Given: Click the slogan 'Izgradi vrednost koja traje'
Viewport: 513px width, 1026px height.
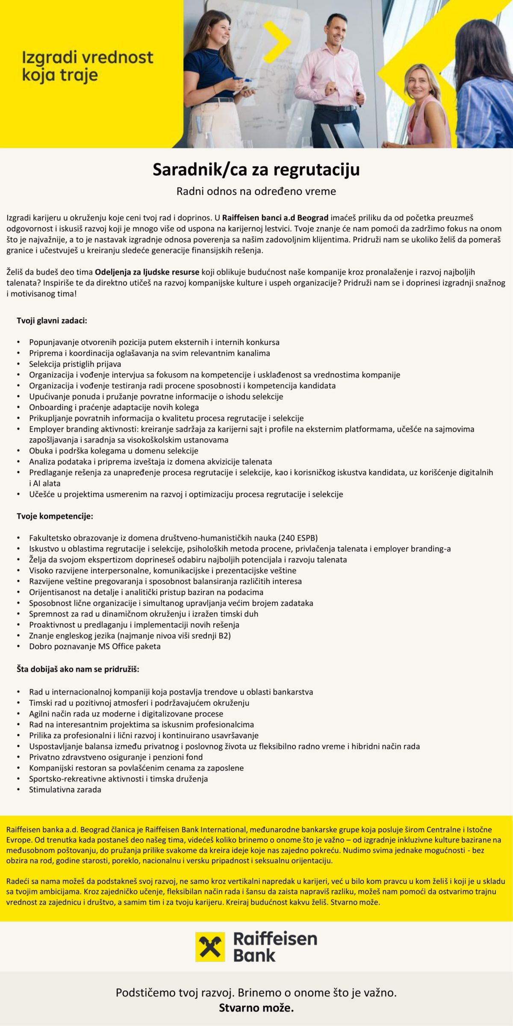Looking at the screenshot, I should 87,66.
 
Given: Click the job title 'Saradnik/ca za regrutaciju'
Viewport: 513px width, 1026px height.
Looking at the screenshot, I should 256,170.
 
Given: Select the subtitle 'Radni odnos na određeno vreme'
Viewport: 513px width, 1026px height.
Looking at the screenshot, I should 256,191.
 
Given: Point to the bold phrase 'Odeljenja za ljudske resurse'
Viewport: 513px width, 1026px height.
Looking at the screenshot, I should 147,272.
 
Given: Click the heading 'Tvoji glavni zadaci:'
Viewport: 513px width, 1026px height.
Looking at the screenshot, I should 52,320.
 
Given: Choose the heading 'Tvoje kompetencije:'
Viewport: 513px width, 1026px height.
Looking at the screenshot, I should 55,516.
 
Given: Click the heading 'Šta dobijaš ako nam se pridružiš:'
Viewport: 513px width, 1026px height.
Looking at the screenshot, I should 78,669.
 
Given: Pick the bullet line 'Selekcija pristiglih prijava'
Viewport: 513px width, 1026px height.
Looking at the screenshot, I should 75,364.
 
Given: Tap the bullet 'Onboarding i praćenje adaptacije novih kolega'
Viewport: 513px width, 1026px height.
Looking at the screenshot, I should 114,407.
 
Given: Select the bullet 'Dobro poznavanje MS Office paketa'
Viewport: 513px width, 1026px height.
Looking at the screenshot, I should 95,646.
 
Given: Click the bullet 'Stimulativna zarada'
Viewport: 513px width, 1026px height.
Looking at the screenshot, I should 65,790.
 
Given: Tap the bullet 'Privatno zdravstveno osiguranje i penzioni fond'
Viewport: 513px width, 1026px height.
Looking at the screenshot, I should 116,757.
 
